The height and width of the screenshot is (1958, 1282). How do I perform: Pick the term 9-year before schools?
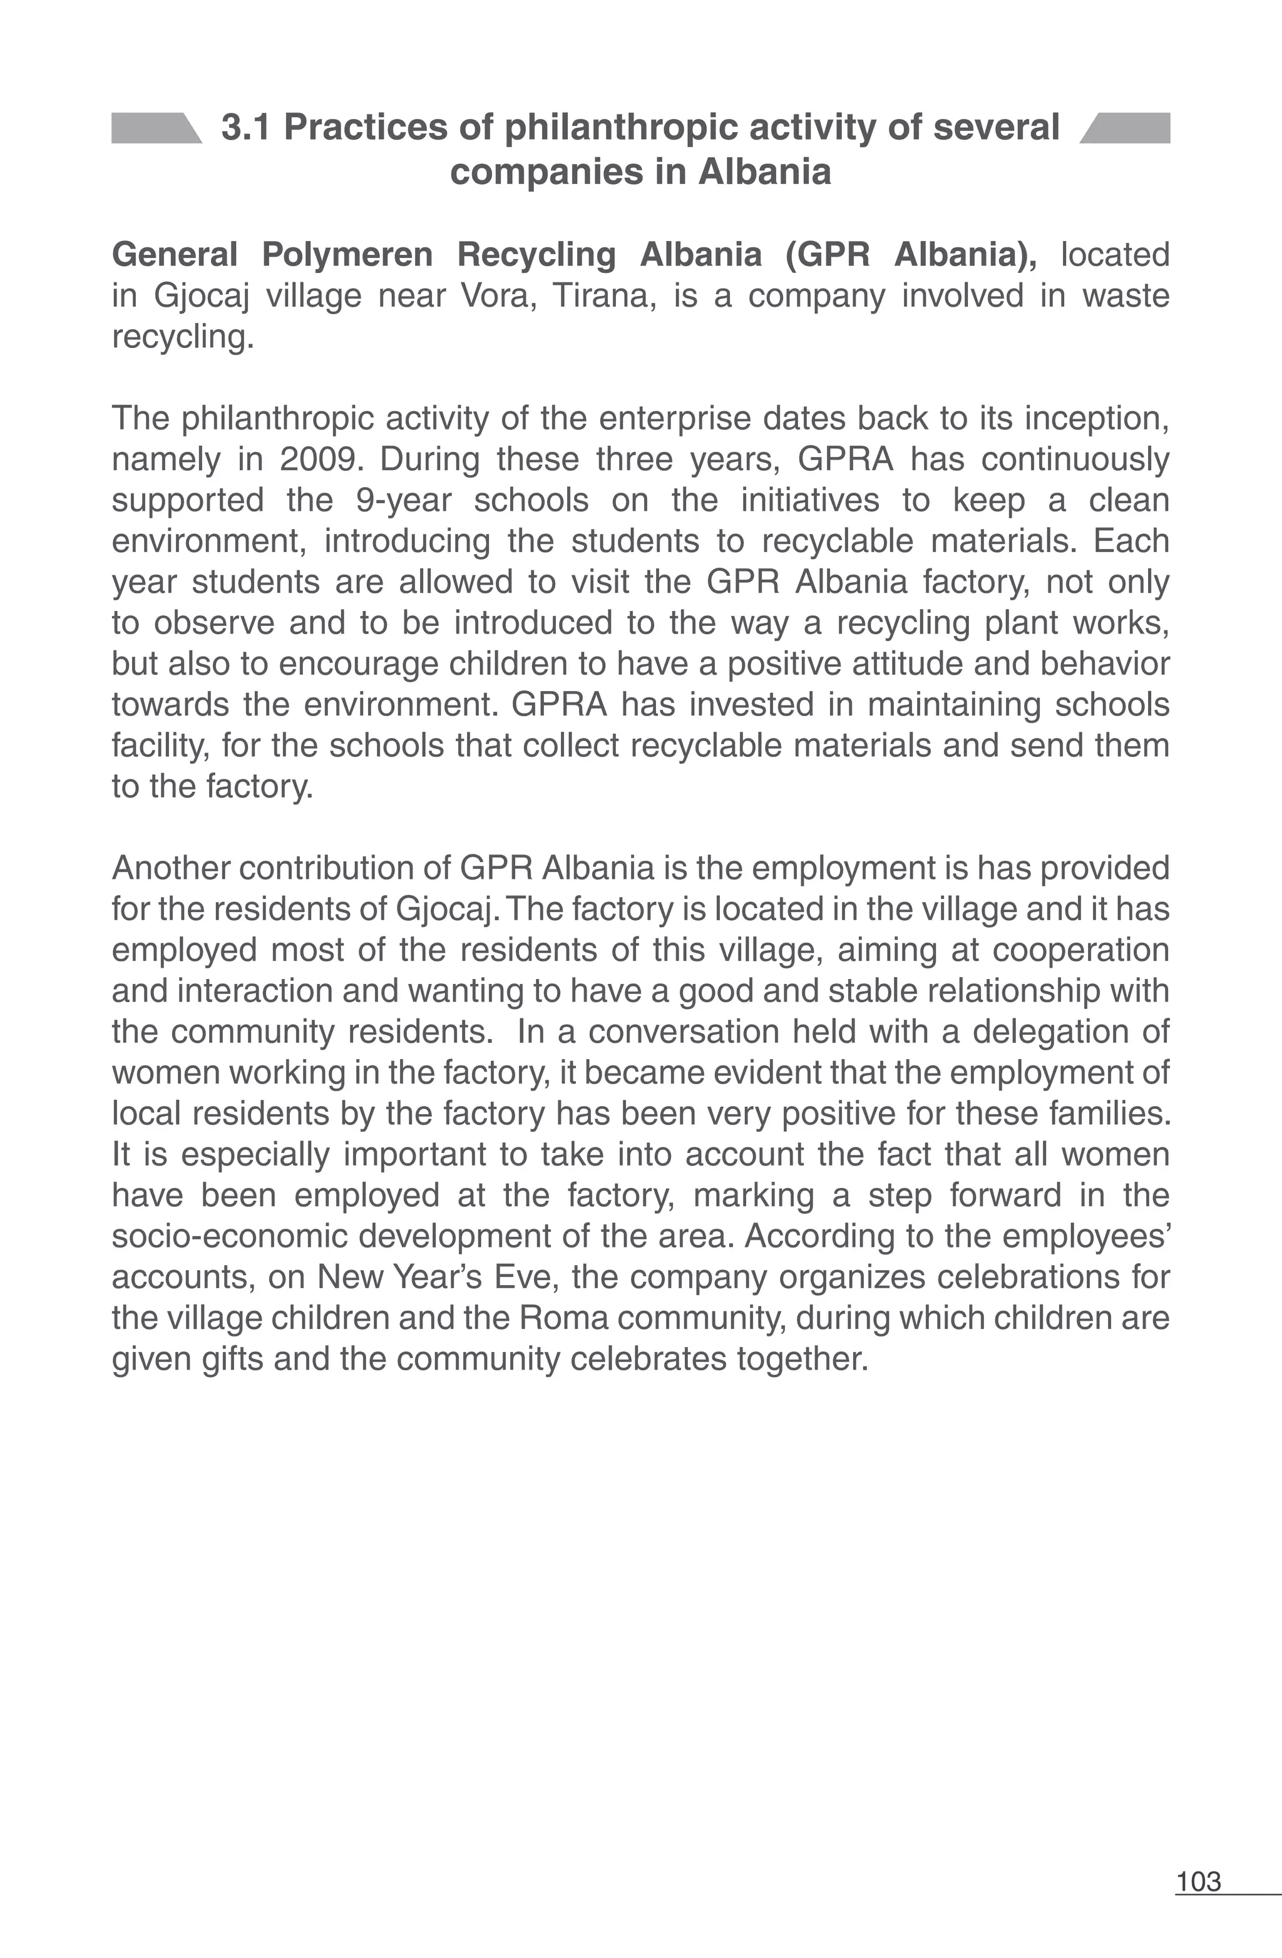[403, 500]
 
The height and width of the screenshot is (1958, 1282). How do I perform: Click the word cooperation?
[1081, 950]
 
